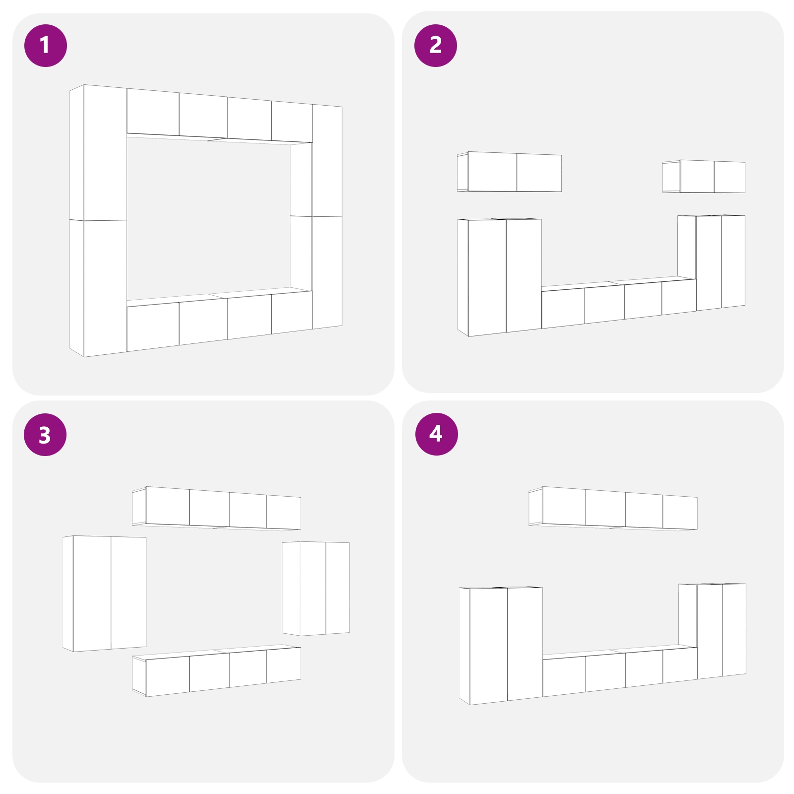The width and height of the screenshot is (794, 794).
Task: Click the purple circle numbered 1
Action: pyautogui.click(x=46, y=46)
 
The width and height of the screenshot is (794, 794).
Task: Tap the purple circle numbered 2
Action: pyautogui.click(x=436, y=46)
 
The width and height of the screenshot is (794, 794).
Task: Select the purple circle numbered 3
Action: pyautogui.click(x=45, y=435)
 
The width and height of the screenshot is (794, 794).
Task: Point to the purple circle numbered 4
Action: pyautogui.click(x=437, y=434)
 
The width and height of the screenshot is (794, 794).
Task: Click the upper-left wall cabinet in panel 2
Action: pyautogui.click(x=510, y=172)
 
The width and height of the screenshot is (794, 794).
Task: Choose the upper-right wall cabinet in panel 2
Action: pyautogui.click(x=704, y=176)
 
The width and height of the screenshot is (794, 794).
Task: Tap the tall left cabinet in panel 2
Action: pyautogui.click(x=500, y=277)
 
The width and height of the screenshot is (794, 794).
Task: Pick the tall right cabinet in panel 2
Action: pyautogui.click(x=712, y=263)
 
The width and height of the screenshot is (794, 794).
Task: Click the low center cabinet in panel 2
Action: pyautogui.click(x=619, y=302)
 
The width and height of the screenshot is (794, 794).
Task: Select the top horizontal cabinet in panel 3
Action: pyautogui.click(x=217, y=508)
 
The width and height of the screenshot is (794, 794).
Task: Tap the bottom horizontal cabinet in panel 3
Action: pyautogui.click(x=217, y=670)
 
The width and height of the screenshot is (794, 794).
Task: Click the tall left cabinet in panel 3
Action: pyautogui.click(x=105, y=594)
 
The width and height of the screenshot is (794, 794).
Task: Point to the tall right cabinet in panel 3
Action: pyautogui.click(x=316, y=589)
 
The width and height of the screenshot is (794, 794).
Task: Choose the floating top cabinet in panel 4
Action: pyautogui.click(x=613, y=508)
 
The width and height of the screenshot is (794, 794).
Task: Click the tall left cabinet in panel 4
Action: pyautogui.click(x=501, y=646)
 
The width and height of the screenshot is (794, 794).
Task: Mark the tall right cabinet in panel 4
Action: pyautogui.click(x=713, y=631)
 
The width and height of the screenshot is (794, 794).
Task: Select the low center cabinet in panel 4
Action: pyautogui.click(x=620, y=670)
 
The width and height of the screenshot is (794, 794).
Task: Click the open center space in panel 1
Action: pyautogui.click(x=208, y=218)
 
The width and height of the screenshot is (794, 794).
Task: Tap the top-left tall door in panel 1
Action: pyautogui.click(x=105, y=153)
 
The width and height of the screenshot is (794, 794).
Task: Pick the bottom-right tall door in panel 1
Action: pyautogui.click(x=327, y=272)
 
